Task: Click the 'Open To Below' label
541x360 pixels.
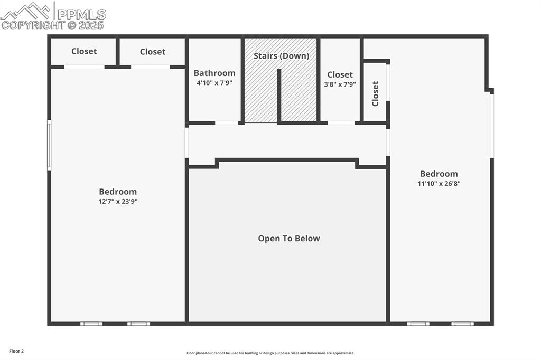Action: [x=288, y=239]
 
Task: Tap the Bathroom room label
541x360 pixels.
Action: [x=214, y=73]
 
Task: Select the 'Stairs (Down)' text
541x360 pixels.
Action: [x=281, y=56]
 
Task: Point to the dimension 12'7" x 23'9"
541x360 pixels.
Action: [x=118, y=201]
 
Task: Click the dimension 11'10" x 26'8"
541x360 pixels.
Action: [x=439, y=184]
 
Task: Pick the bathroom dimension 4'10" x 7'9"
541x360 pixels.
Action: [x=214, y=83]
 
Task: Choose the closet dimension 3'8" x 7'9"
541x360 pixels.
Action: [x=340, y=84]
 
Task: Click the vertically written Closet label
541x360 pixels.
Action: [x=376, y=93]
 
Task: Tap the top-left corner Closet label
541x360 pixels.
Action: [x=84, y=51]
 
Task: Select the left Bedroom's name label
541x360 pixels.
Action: [x=118, y=192]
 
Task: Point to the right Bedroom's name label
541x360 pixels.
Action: [x=439, y=174]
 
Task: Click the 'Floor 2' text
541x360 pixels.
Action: [x=16, y=351]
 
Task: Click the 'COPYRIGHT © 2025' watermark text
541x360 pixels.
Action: [x=53, y=25]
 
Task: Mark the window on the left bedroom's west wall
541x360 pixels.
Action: [x=49, y=145]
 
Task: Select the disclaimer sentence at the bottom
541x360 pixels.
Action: [x=270, y=353]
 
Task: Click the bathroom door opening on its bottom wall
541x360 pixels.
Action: [x=226, y=123]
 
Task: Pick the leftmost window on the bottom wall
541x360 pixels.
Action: [x=91, y=324]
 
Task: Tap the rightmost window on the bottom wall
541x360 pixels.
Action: [x=462, y=324]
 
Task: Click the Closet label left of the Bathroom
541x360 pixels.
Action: [x=153, y=52]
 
